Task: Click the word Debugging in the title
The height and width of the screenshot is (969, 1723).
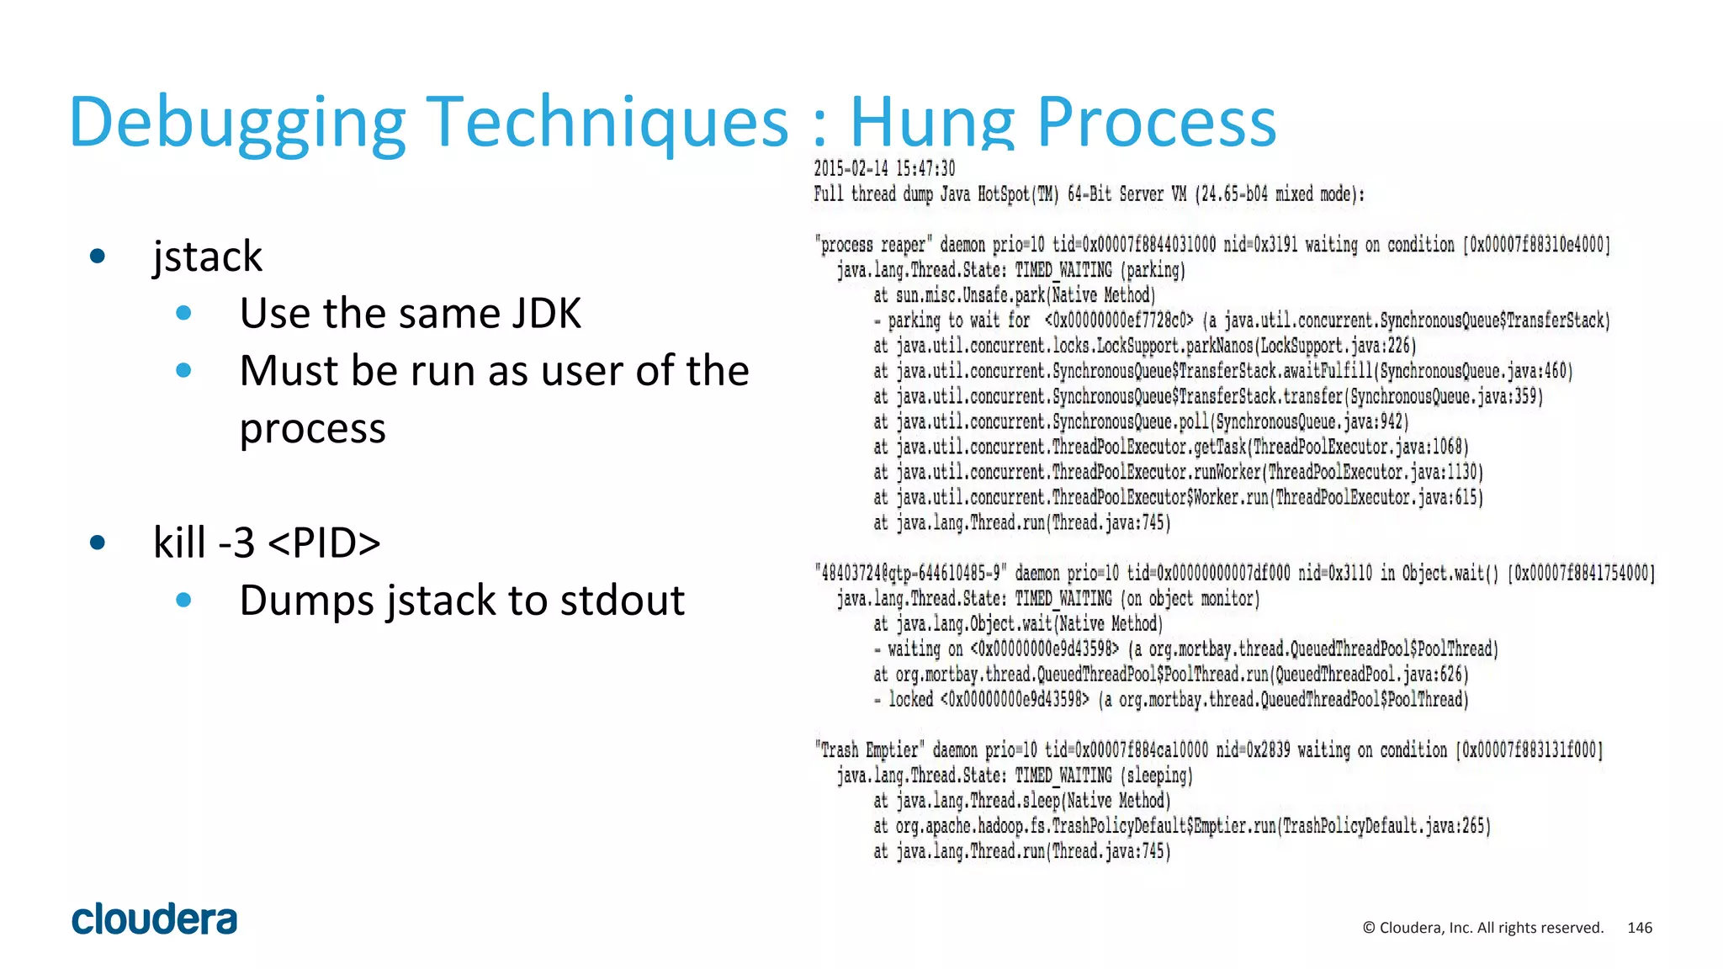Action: (x=238, y=122)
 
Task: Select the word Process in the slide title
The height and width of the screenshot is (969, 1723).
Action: (x=1156, y=122)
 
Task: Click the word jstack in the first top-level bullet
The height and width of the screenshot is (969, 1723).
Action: (x=207, y=256)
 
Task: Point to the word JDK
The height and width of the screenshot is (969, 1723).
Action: (x=545, y=313)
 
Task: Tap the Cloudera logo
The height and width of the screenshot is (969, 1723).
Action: (x=155, y=919)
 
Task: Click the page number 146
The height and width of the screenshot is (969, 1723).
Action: (x=1640, y=928)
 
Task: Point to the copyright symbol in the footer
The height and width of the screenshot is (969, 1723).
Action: (x=1369, y=928)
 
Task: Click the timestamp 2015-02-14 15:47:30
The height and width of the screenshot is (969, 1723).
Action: (x=884, y=168)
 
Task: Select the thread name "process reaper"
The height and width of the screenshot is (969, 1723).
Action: (x=872, y=245)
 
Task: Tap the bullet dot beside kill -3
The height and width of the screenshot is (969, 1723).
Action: (x=98, y=543)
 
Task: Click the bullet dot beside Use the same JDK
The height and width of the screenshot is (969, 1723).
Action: (x=184, y=313)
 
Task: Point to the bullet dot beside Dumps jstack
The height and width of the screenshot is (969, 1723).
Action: (x=184, y=600)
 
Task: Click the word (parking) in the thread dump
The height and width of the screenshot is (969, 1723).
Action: (x=1153, y=270)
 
